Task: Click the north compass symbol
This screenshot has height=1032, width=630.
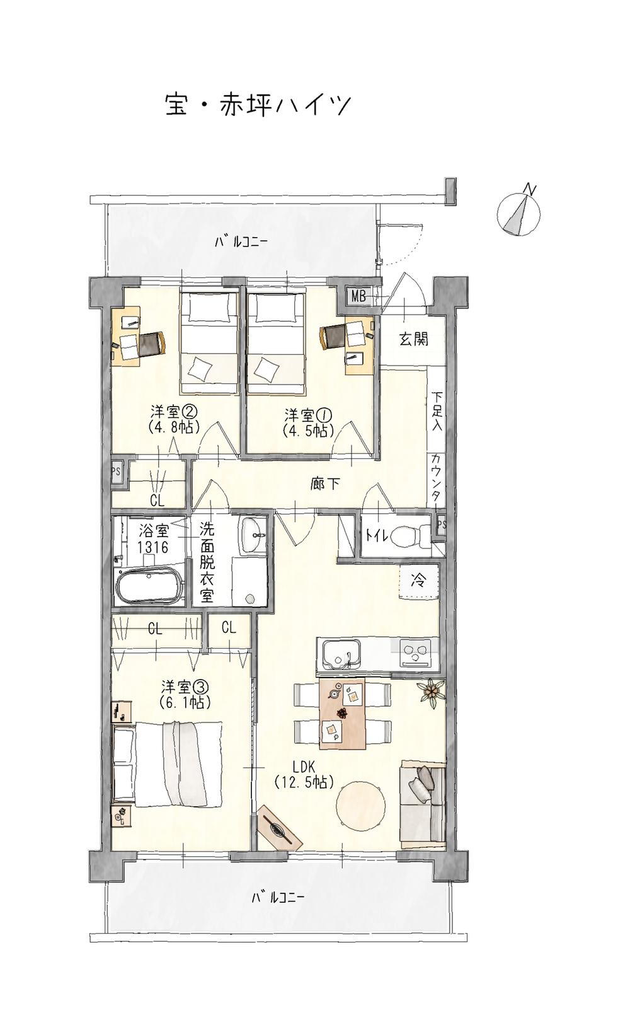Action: (518, 213)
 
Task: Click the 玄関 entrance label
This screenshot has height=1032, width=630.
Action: (413, 339)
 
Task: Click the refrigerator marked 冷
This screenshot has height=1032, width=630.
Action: (418, 581)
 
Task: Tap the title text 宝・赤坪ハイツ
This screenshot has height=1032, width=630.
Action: (258, 105)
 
